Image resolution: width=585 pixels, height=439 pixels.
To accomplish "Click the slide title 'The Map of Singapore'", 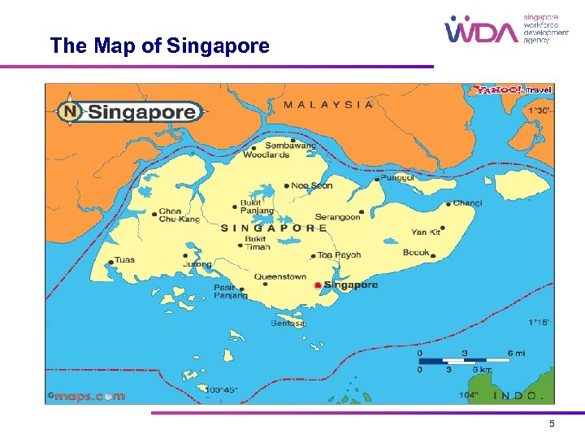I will [159, 46].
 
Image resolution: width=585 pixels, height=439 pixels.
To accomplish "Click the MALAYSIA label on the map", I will [328, 104].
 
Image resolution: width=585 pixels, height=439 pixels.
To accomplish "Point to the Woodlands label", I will [266, 154].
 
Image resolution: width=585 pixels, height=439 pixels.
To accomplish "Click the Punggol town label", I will [397, 177].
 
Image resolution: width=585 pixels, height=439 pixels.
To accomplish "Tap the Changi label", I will [467, 203].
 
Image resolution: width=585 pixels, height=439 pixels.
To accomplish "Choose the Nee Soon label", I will [312, 185].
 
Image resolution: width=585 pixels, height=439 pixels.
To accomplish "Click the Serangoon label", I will [337, 217].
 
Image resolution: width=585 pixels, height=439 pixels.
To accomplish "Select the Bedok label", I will [416, 253].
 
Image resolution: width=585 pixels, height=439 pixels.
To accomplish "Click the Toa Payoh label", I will [339, 254].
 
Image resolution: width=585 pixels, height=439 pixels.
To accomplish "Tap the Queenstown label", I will [280, 276].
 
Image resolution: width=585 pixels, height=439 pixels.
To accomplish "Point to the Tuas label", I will [124, 260].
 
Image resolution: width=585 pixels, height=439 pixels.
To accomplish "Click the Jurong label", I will [196, 264].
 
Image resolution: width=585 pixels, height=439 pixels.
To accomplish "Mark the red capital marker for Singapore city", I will [317, 285].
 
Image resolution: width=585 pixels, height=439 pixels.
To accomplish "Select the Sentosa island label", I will [288, 324].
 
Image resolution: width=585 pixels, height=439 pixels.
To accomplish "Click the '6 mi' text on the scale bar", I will [517, 353].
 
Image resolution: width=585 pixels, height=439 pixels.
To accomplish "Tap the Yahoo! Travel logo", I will [513, 89].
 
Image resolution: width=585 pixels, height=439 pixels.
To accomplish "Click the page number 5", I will [552, 424].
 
